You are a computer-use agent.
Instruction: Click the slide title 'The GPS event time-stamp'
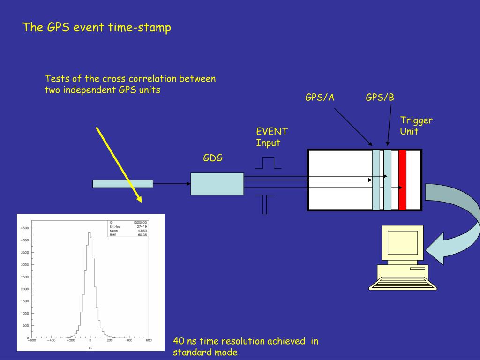[97, 27]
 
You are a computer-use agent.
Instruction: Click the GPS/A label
[320, 97]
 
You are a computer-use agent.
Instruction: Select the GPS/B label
[380, 97]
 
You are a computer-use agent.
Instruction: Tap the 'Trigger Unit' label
[416, 126]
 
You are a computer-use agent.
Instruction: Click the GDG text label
[213, 158]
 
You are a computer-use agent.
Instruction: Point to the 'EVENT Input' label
[272, 137]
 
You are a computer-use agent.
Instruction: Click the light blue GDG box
[217, 184]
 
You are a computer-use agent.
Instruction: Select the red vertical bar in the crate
[402, 180]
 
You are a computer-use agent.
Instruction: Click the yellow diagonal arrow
[119, 164]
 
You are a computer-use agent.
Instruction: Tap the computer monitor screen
[402, 242]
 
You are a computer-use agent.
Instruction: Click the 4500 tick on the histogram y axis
[24, 228]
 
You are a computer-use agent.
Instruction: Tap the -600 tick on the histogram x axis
[31, 341]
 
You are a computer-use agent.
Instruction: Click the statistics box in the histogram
[128, 228]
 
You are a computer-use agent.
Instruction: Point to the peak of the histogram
[89, 232]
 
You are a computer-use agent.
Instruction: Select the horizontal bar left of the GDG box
[123, 184]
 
